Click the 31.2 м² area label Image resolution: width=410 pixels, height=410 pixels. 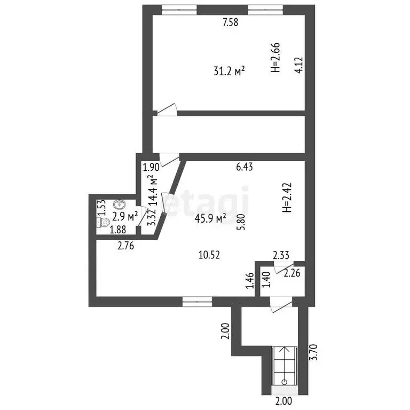[x=229, y=71]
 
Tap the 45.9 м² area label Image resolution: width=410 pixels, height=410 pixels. [x=210, y=218]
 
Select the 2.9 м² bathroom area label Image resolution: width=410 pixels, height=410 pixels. [x=125, y=217]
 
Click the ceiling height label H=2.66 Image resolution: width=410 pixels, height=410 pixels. [x=275, y=57]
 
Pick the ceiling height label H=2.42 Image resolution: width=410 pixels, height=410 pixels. [x=287, y=198]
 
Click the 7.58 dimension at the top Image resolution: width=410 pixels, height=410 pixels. [x=231, y=22]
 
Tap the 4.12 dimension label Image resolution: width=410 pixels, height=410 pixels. [x=298, y=65]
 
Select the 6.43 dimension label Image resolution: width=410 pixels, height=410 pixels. [x=245, y=167]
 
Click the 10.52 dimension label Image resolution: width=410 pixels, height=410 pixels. [x=209, y=255]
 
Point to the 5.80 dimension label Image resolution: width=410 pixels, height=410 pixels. [x=240, y=222]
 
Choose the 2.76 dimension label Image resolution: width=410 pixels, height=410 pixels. [x=125, y=246]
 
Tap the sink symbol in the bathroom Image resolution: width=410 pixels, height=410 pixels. [x=119, y=204]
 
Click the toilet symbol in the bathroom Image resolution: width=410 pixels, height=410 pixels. [x=103, y=223]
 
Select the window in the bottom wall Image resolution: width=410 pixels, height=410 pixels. [x=197, y=302]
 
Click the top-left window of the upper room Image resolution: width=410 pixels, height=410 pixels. [x=179, y=10]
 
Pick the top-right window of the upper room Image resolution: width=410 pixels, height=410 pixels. [x=265, y=10]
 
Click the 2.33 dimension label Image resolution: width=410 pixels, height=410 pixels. [x=281, y=255]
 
